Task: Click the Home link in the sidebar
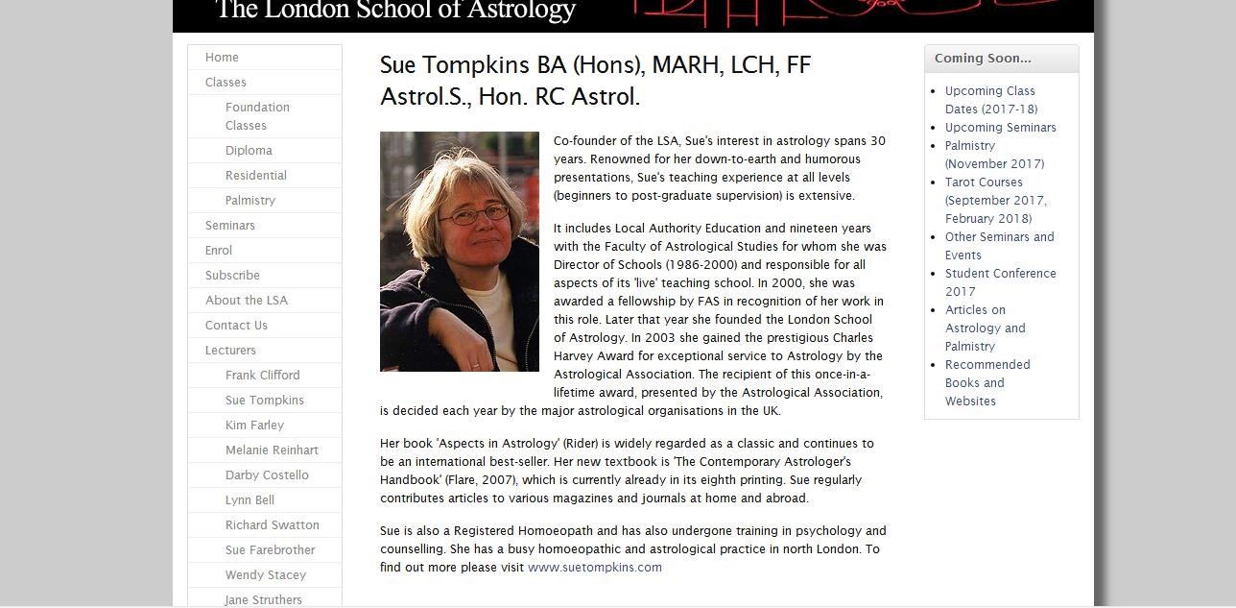point(222,58)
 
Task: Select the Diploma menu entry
point(249,151)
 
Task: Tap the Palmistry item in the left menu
point(250,201)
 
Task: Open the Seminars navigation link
point(230,226)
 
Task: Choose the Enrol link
point(219,251)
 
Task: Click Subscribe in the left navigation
point(232,276)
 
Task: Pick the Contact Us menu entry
point(236,326)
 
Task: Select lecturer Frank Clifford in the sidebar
point(262,376)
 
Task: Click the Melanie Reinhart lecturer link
point(272,450)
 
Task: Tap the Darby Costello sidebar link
point(267,475)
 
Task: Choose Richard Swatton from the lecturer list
point(272,525)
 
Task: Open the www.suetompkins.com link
point(595,568)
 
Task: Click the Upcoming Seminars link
point(1000,128)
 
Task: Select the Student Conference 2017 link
point(1000,282)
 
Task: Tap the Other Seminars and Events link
point(999,246)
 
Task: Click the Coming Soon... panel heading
point(983,59)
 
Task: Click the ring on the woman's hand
point(474,365)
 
